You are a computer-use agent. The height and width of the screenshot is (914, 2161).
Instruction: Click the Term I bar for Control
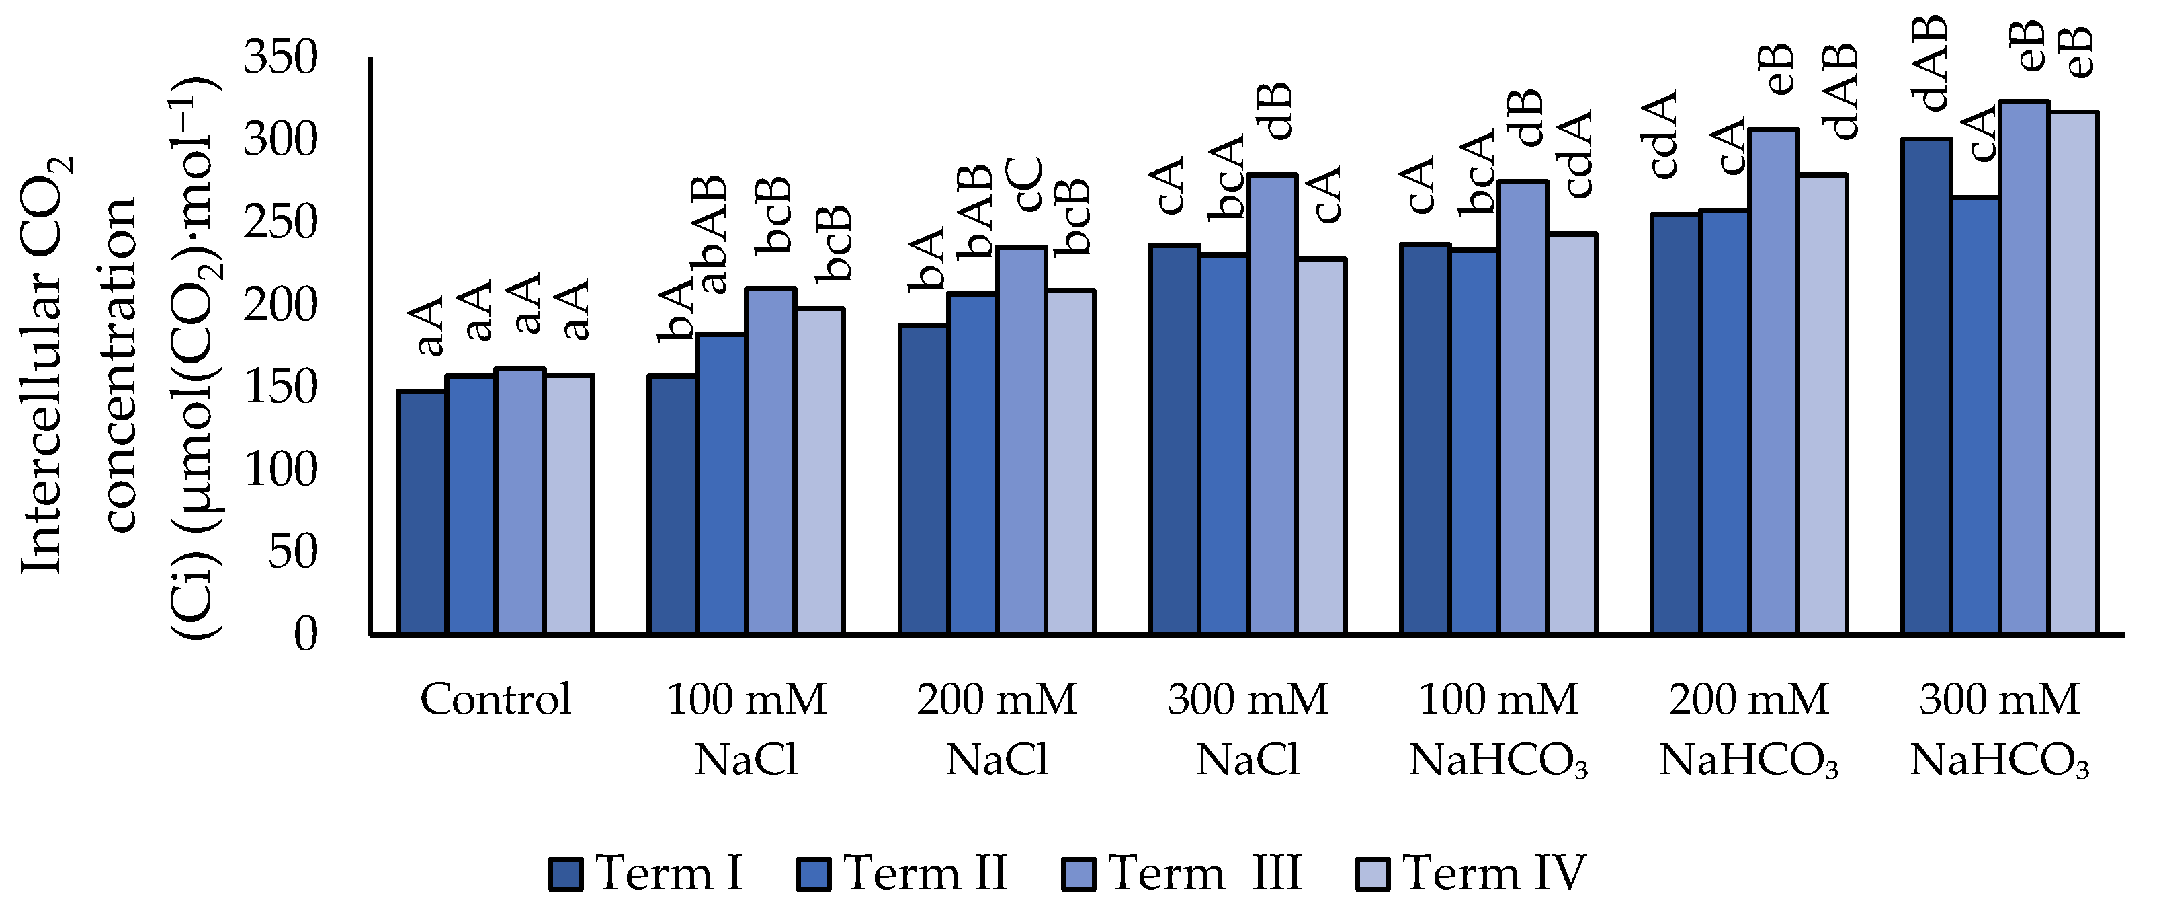(422, 512)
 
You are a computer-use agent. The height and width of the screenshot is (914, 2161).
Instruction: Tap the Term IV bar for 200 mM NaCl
(1070, 461)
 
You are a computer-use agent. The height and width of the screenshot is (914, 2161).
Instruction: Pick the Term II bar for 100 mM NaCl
(722, 484)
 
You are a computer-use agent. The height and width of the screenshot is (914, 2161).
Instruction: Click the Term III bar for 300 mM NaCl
(1273, 404)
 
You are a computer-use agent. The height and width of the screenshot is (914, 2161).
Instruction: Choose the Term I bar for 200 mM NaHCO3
(1675, 424)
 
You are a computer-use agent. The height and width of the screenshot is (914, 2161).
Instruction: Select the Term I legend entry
(646, 874)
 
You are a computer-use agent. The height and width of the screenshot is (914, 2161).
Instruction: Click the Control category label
(495, 700)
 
